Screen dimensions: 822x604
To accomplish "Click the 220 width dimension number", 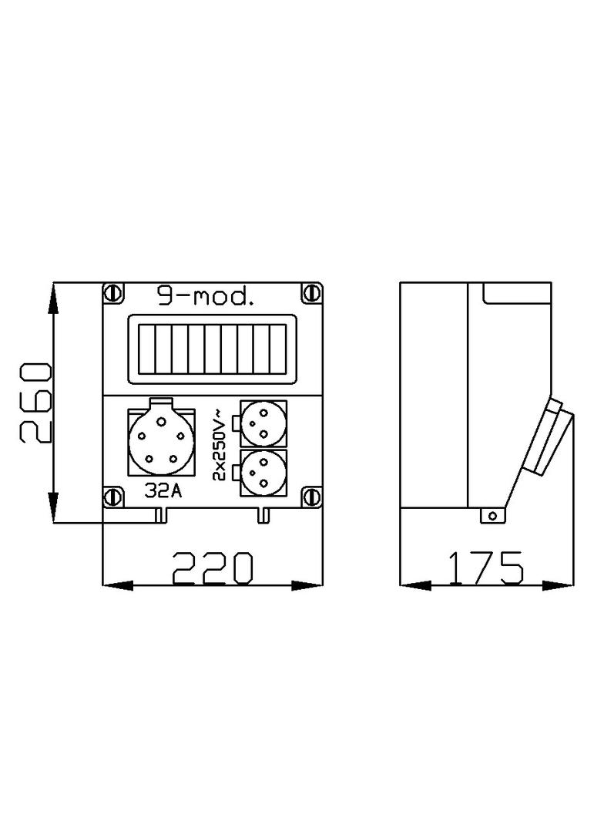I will coord(212,568).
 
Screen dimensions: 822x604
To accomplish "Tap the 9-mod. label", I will coord(205,297).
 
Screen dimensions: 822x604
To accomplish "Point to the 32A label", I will coord(163,490).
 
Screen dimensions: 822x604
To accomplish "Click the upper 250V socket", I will coord(263,423).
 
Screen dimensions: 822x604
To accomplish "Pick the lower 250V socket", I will coord(263,471).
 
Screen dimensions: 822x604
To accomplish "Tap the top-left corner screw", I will coord(113,293).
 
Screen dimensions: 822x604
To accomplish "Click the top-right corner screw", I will coord(311,293).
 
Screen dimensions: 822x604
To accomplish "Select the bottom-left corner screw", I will coord(113,497).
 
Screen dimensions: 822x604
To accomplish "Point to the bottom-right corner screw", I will coord(311,497).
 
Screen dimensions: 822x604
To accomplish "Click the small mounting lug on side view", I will coord(489,515).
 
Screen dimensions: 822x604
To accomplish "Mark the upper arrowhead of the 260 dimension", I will coord(52,298).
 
